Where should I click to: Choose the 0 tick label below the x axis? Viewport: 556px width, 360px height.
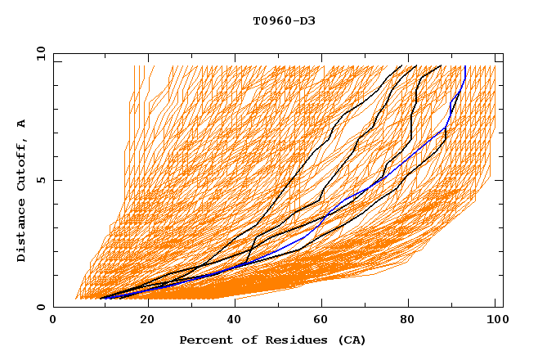pos(53,321)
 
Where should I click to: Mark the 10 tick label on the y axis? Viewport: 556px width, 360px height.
pos(39,53)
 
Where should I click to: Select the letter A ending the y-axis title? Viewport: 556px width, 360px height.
pos(21,123)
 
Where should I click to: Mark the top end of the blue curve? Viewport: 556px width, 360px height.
pos(465,66)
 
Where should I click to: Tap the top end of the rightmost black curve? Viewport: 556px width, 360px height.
pos(442,66)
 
